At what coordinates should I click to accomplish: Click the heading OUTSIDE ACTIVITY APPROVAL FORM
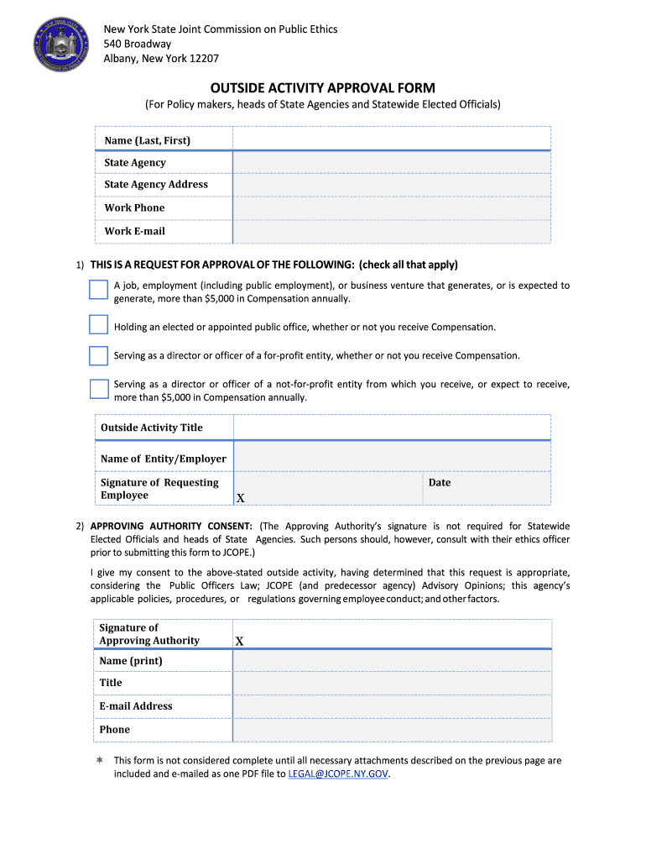pyautogui.click(x=322, y=88)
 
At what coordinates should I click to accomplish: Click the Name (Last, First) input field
pyautogui.click(x=391, y=139)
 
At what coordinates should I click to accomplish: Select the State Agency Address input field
pyautogui.click(x=391, y=185)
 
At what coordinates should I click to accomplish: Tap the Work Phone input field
pyautogui.click(x=391, y=208)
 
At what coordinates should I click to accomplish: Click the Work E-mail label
pyautogui.click(x=134, y=231)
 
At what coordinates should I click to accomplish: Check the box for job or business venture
pyautogui.click(x=99, y=290)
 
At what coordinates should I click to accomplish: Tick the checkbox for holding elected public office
pyautogui.click(x=99, y=325)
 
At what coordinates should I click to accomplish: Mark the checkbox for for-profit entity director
pyautogui.click(x=99, y=355)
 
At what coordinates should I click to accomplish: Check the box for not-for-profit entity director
pyautogui.click(x=99, y=388)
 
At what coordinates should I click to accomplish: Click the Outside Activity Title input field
pyautogui.click(x=392, y=427)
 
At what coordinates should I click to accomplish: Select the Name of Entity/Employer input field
pyautogui.click(x=392, y=458)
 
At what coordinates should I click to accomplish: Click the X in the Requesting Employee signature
pyautogui.click(x=240, y=498)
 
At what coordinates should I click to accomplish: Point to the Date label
pyautogui.click(x=440, y=483)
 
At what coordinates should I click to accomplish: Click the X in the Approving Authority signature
pyautogui.click(x=240, y=641)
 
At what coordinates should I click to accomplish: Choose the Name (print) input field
pyautogui.click(x=392, y=661)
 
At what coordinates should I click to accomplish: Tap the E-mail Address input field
pyautogui.click(x=392, y=706)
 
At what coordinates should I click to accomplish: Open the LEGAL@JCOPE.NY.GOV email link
pyautogui.click(x=338, y=773)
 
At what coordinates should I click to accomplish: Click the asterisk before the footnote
pyautogui.click(x=99, y=760)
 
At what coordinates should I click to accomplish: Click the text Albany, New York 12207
pyautogui.click(x=161, y=58)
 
